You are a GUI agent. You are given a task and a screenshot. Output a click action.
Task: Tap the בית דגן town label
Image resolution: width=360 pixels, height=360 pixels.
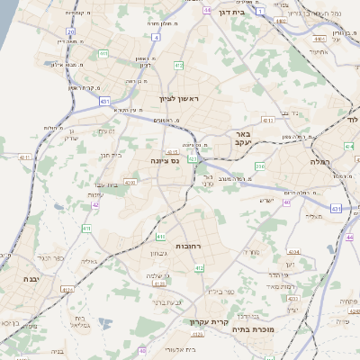[231, 13]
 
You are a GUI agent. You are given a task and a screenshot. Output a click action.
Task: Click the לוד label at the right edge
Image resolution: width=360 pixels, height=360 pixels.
[354, 119]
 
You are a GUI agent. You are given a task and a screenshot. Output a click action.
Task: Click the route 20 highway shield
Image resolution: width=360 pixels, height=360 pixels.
[70, 31]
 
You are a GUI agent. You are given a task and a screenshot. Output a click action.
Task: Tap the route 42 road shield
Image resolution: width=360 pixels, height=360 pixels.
[95, 204]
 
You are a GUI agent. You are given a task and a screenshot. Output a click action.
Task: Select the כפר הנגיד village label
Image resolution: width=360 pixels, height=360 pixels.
[51, 257]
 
